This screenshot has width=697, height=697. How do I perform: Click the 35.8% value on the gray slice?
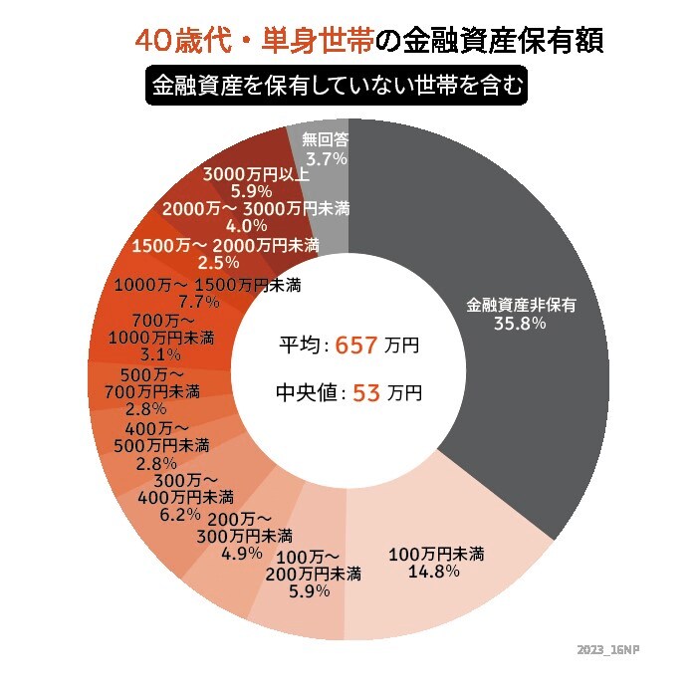[518, 324]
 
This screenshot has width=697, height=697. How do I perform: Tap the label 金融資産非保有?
[518, 305]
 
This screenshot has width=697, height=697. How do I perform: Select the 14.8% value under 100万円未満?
[433, 572]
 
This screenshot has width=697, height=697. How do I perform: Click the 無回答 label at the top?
[326, 140]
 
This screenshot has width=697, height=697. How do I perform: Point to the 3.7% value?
[326, 158]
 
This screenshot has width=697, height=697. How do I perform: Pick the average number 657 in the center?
[357, 346]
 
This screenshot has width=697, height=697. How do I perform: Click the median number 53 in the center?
[366, 393]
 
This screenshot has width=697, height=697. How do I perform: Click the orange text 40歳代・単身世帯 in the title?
[256, 43]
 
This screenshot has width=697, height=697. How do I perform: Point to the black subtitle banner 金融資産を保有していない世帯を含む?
[335, 87]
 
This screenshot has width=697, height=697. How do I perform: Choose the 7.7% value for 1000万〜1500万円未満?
[197, 301]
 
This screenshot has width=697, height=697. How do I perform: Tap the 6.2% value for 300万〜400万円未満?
[179, 515]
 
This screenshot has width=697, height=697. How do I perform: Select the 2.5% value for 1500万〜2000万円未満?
[219, 263]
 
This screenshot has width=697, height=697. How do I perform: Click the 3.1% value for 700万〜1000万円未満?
[160, 354]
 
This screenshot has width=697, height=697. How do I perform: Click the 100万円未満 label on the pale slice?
[435, 554]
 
